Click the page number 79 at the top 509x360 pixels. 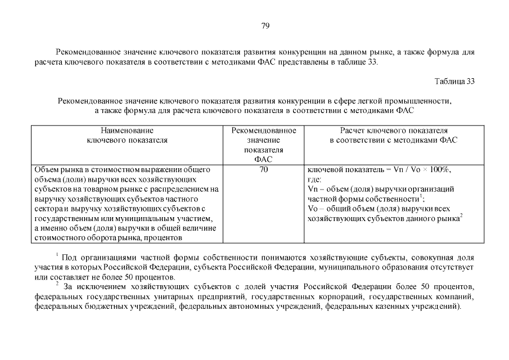point(266,26)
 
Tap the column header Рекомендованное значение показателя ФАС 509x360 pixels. point(263,145)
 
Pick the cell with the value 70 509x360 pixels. point(263,169)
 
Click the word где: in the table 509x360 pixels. point(315,179)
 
